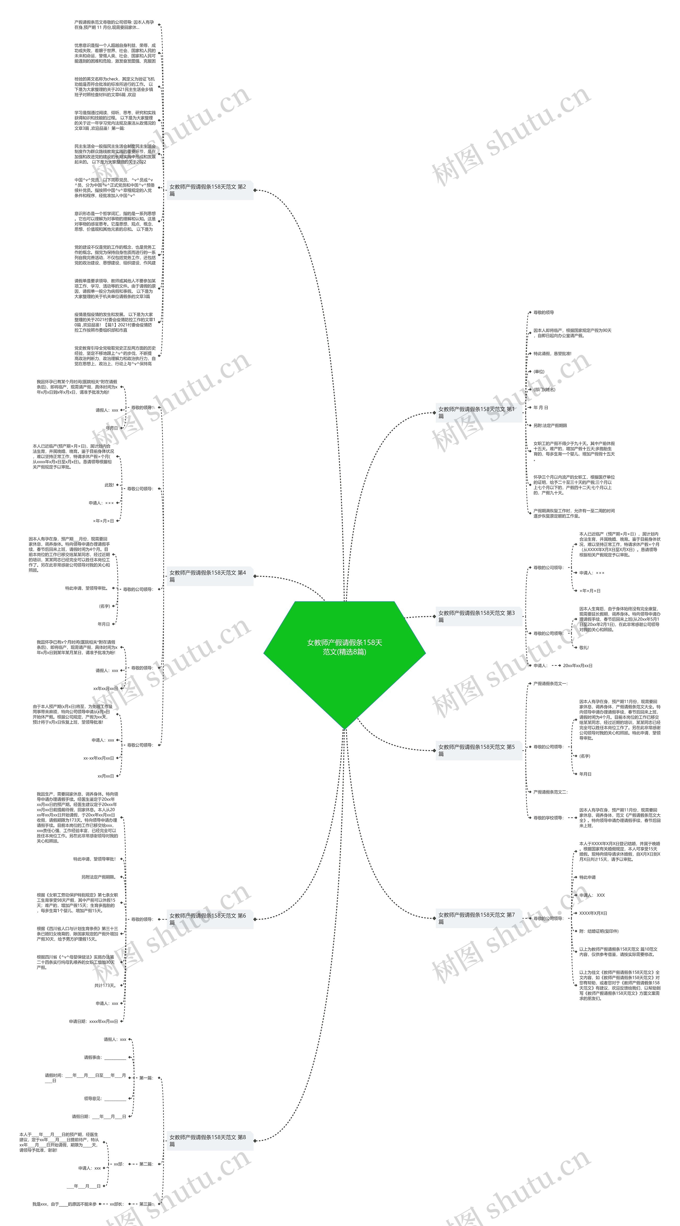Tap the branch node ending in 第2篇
(x=210, y=190)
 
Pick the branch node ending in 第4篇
(x=210, y=576)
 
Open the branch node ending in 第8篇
(x=210, y=1140)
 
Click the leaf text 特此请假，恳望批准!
(x=552, y=354)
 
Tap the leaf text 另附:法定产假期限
(x=550, y=425)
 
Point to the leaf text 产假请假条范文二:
(x=550, y=792)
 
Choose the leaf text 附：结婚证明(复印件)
(x=599, y=931)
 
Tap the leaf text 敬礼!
(x=584, y=648)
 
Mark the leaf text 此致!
(x=109, y=485)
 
